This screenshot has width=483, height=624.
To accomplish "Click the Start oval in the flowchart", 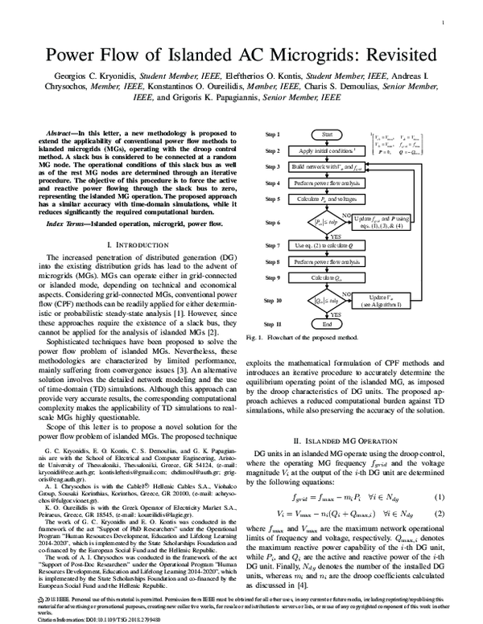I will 326,135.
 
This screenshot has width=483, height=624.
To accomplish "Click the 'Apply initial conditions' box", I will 326,151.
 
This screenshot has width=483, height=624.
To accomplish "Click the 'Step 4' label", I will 272,183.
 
